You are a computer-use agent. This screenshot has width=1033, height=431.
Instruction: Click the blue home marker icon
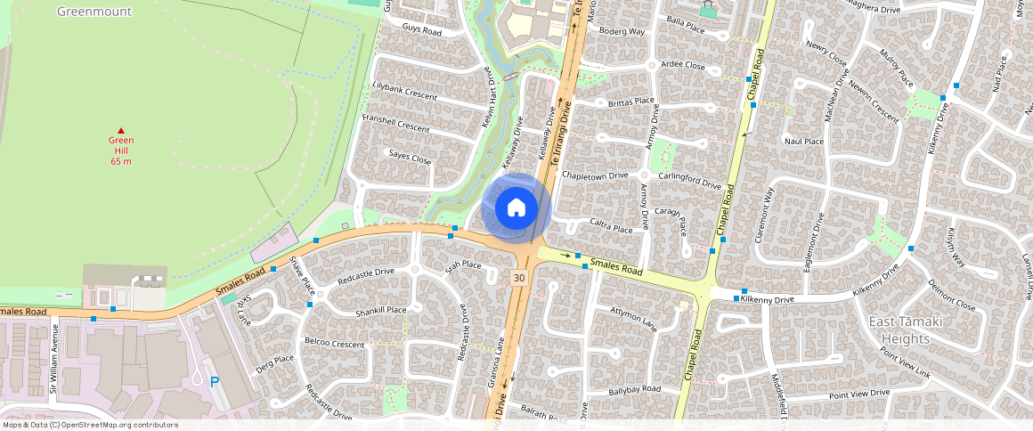(x=516, y=209)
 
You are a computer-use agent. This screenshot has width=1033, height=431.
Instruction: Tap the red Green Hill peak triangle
(x=121, y=131)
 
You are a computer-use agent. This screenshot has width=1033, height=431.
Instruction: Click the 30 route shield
(x=518, y=279)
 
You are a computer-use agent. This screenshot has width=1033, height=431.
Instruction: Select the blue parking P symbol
(x=215, y=381)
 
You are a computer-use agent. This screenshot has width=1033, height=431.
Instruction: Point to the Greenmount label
(x=94, y=12)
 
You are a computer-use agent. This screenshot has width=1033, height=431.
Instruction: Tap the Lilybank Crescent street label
(x=405, y=94)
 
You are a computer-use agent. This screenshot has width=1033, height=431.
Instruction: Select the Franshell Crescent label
(x=395, y=126)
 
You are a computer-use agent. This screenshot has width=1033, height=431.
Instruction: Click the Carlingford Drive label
(x=689, y=181)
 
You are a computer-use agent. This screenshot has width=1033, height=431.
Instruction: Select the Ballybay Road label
(x=634, y=389)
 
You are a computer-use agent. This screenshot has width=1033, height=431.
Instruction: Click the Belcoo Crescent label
(x=334, y=343)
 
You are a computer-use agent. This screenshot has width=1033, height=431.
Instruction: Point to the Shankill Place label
(x=380, y=311)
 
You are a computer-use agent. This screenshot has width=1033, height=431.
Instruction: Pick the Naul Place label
(x=803, y=141)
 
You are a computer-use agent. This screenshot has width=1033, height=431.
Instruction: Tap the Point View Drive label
(x=858, y=394)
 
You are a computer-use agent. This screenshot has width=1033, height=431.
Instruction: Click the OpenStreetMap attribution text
(x=90, y=425)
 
